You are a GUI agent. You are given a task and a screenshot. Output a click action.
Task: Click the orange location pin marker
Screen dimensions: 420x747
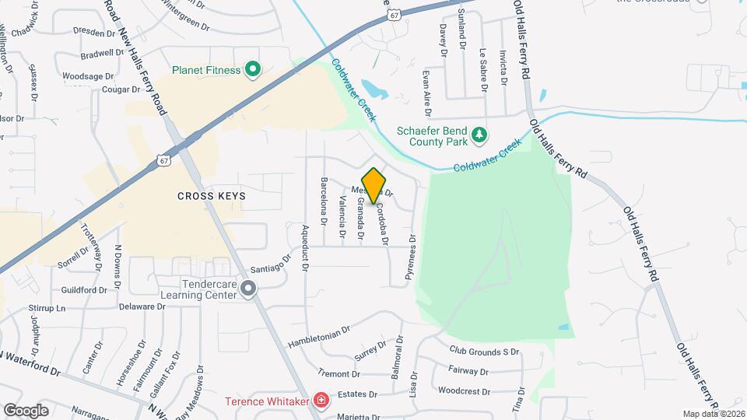[374, 185]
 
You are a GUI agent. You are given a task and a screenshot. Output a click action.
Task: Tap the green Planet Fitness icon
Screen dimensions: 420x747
[252, 71]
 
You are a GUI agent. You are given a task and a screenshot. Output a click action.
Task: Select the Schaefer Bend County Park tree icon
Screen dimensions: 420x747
[481, 135]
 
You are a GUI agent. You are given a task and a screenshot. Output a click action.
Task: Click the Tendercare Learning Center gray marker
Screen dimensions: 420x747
[248, 289]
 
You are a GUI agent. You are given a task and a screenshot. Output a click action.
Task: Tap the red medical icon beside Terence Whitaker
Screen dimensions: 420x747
[320, 401]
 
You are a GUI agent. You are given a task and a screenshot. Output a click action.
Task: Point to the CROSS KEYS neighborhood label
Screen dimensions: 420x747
[210, 196]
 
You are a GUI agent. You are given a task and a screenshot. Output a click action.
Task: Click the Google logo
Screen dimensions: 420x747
[26, 410]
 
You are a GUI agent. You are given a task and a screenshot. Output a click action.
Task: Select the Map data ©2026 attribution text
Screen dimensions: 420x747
[713, 414]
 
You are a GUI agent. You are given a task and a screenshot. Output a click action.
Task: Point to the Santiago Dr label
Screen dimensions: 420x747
[270, 264]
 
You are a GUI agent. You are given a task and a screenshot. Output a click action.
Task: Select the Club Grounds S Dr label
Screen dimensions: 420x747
[484, 352]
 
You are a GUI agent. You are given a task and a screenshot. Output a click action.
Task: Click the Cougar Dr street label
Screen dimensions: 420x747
[121, 89]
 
